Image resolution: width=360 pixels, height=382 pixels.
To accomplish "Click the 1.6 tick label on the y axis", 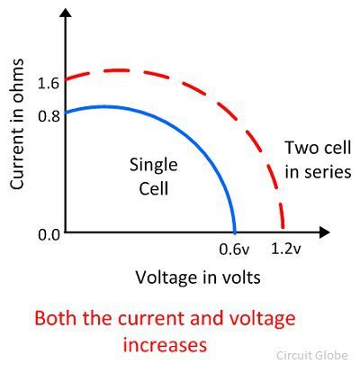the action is coord(49,83).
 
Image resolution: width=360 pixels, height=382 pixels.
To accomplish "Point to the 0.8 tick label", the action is coord(49,115).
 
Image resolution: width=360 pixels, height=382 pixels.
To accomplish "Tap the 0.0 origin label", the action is coord(49,234).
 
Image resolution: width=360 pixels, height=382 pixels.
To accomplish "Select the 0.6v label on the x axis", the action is coord(234,249).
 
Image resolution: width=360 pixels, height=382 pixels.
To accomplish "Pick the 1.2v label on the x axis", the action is coord(285,249).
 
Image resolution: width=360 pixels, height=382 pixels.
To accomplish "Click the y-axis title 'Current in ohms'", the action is coord(17,124).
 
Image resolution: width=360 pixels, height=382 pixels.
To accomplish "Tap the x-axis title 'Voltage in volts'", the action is coord(198,277).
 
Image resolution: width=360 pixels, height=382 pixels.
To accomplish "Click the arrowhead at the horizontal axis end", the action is coord(325,232).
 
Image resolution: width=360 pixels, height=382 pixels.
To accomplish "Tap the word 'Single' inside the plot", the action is coord(154,166).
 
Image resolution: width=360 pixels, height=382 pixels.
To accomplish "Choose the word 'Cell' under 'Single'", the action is coord(154,188).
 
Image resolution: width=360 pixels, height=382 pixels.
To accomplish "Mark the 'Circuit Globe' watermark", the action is coord(312,355).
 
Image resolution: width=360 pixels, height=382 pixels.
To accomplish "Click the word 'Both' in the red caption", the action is coord(55,318).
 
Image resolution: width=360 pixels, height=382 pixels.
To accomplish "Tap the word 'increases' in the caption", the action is coord(165,345).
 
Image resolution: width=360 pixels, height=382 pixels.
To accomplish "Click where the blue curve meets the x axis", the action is coord(235,232).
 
